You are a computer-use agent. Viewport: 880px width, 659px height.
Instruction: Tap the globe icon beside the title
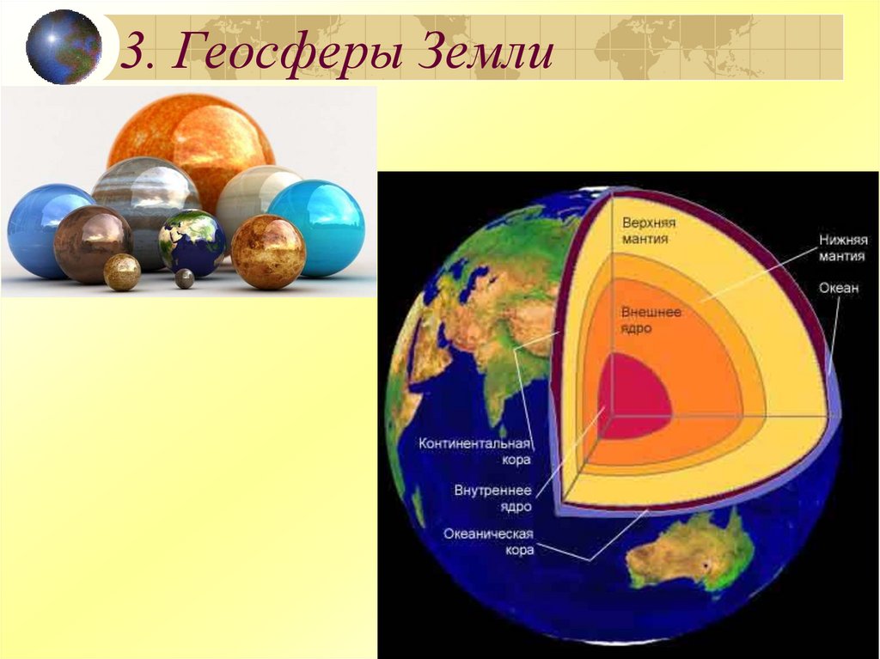point(64,46)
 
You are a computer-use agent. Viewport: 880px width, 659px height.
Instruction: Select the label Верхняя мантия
point(645,230)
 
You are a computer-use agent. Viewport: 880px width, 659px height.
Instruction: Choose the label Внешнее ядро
point(651,320)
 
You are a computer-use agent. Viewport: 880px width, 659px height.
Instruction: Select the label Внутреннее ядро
point(493,498)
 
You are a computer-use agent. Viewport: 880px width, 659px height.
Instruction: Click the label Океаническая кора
point(489,541)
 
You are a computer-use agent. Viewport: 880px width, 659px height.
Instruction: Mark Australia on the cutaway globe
point(687,554)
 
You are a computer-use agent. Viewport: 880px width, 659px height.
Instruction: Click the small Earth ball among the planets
point(192,243)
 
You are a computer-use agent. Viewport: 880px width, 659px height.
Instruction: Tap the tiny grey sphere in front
point(185,278)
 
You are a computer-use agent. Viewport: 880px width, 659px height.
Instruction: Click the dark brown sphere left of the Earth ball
point(92,244)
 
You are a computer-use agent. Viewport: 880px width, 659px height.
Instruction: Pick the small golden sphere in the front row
point(122,272)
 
